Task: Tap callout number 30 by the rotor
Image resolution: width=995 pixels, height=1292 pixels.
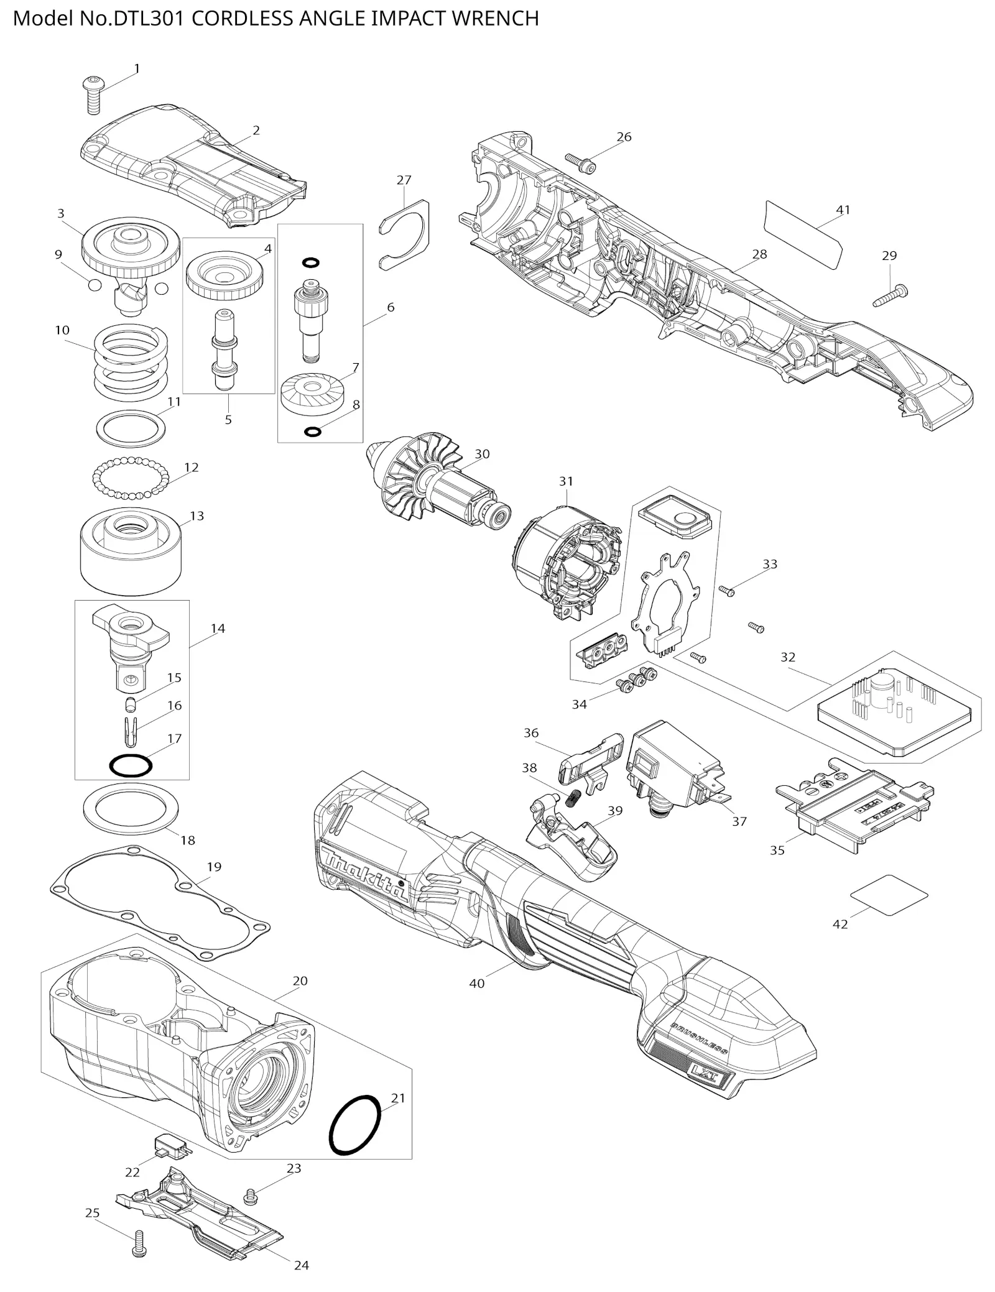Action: [x=482, y=454]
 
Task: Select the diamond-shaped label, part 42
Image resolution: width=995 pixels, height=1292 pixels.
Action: [x=889, y=895]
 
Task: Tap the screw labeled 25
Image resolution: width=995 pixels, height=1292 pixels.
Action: [x=139, y=1246]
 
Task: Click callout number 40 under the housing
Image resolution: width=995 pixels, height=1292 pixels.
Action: [x=476, y=983]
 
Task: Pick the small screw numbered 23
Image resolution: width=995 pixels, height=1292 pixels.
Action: [x=251, y=1196]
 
